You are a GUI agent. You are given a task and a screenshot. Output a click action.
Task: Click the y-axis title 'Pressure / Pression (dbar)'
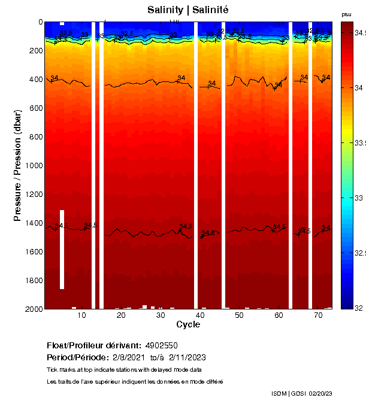pyautogui.click(x=17, y=165)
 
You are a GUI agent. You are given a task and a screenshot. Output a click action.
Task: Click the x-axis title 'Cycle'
pyautogui.click(x=188, y=324)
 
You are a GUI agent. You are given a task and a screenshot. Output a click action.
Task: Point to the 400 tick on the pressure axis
pyautogui.click(x=35, y=80)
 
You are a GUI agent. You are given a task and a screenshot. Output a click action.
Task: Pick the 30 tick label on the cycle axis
pyautogui.click(x=160, y=315)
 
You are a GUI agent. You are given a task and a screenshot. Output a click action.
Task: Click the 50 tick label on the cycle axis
pyautogui.click(x=239, y=315)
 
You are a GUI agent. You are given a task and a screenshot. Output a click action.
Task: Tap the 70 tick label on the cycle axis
pyautogui.click(x=317, y=315)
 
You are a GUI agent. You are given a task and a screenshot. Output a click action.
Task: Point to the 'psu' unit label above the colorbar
pyautogui.click(x=346, y=14)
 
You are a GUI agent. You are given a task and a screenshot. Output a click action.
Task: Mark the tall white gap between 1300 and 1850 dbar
pyautogui.click(x=62, y=249)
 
